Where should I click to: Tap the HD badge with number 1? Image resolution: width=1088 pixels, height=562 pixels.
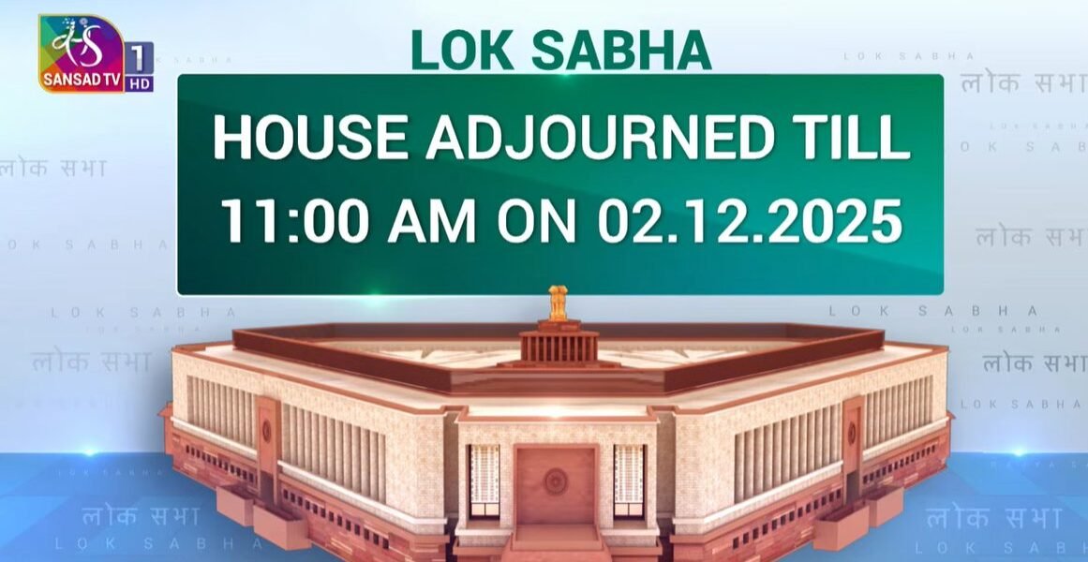pos(139,66)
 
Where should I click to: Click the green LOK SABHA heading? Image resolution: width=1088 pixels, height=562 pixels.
pos(560,52)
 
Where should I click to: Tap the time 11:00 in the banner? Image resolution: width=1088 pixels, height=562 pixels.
pos(281,223)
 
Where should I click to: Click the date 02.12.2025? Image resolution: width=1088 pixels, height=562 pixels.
pos(748,223)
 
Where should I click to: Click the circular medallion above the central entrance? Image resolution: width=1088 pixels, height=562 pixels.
pos(557,481)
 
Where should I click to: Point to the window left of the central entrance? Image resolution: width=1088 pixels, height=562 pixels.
pos(484,480)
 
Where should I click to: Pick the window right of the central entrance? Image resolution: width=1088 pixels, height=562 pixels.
pos(629,480)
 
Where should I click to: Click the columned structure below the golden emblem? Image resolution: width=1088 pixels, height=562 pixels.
pos(559,345)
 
